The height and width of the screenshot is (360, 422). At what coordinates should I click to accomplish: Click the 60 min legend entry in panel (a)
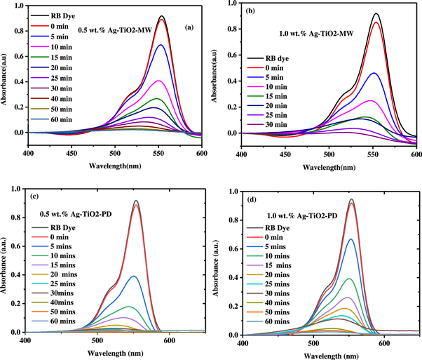[70, 129]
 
